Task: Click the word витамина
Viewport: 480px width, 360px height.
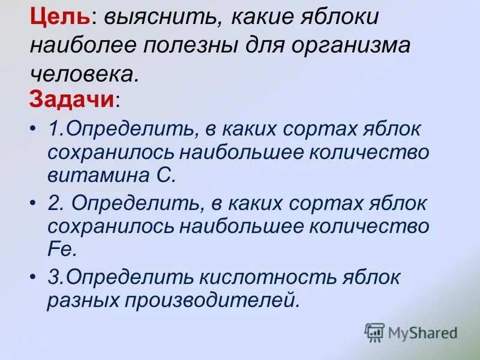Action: click(x=95, y=175)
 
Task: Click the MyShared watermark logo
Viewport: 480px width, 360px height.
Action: click(x=411, y=332)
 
